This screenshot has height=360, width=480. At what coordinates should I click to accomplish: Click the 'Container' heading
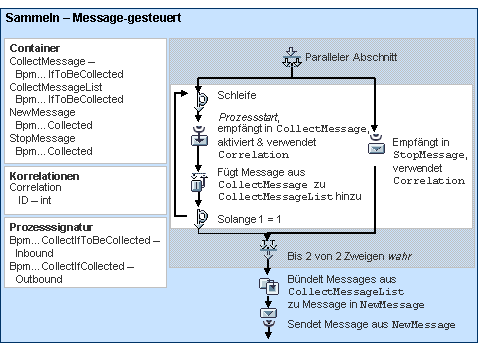[x=35, y=48]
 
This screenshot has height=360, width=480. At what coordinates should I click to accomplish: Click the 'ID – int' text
[x=41, y=199]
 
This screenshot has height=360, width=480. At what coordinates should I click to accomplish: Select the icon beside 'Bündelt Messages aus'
[x=268, y=285]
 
